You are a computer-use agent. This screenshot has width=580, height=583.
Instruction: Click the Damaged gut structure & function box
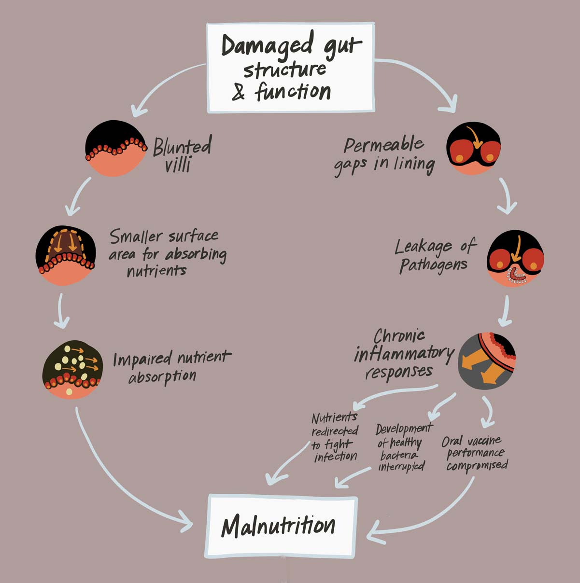(290, 68)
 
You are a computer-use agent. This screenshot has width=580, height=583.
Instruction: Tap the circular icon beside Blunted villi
(115, 148)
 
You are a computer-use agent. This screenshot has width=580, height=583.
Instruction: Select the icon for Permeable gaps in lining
(473, 148)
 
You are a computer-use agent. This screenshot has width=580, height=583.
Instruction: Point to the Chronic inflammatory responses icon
(486, 361)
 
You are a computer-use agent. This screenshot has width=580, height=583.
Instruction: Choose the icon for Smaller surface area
(65, 255)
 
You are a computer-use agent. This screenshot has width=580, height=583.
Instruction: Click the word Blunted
(182, 146)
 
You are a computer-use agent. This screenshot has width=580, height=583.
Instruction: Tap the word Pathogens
(433, 265)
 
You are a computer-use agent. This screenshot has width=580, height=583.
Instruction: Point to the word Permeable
(383, 145)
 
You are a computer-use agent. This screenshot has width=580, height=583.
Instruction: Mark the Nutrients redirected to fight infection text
(335, 437)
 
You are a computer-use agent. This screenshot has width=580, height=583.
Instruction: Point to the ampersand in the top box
(238, 93)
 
